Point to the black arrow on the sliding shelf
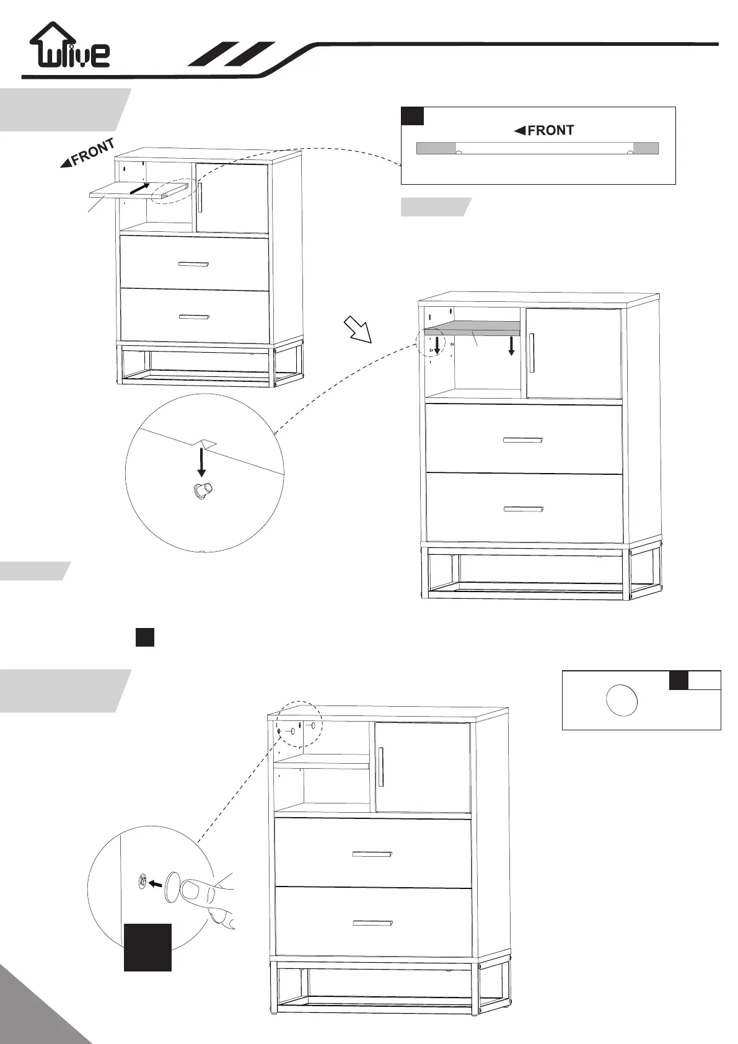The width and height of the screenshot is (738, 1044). (140, 188)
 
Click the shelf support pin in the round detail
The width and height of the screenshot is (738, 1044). (202, 490)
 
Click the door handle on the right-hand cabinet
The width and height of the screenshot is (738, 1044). (532, 353)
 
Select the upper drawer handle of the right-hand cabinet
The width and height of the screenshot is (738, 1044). (524, 440)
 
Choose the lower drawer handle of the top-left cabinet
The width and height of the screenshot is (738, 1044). (194, 316)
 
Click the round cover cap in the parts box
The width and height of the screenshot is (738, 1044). (621, 700)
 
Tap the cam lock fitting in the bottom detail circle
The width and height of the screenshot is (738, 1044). (143, 881)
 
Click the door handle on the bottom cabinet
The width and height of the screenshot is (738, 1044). (381, 768)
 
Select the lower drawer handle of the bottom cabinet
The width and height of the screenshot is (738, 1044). (373, 923)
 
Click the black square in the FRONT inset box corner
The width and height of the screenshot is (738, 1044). (413, 116)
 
